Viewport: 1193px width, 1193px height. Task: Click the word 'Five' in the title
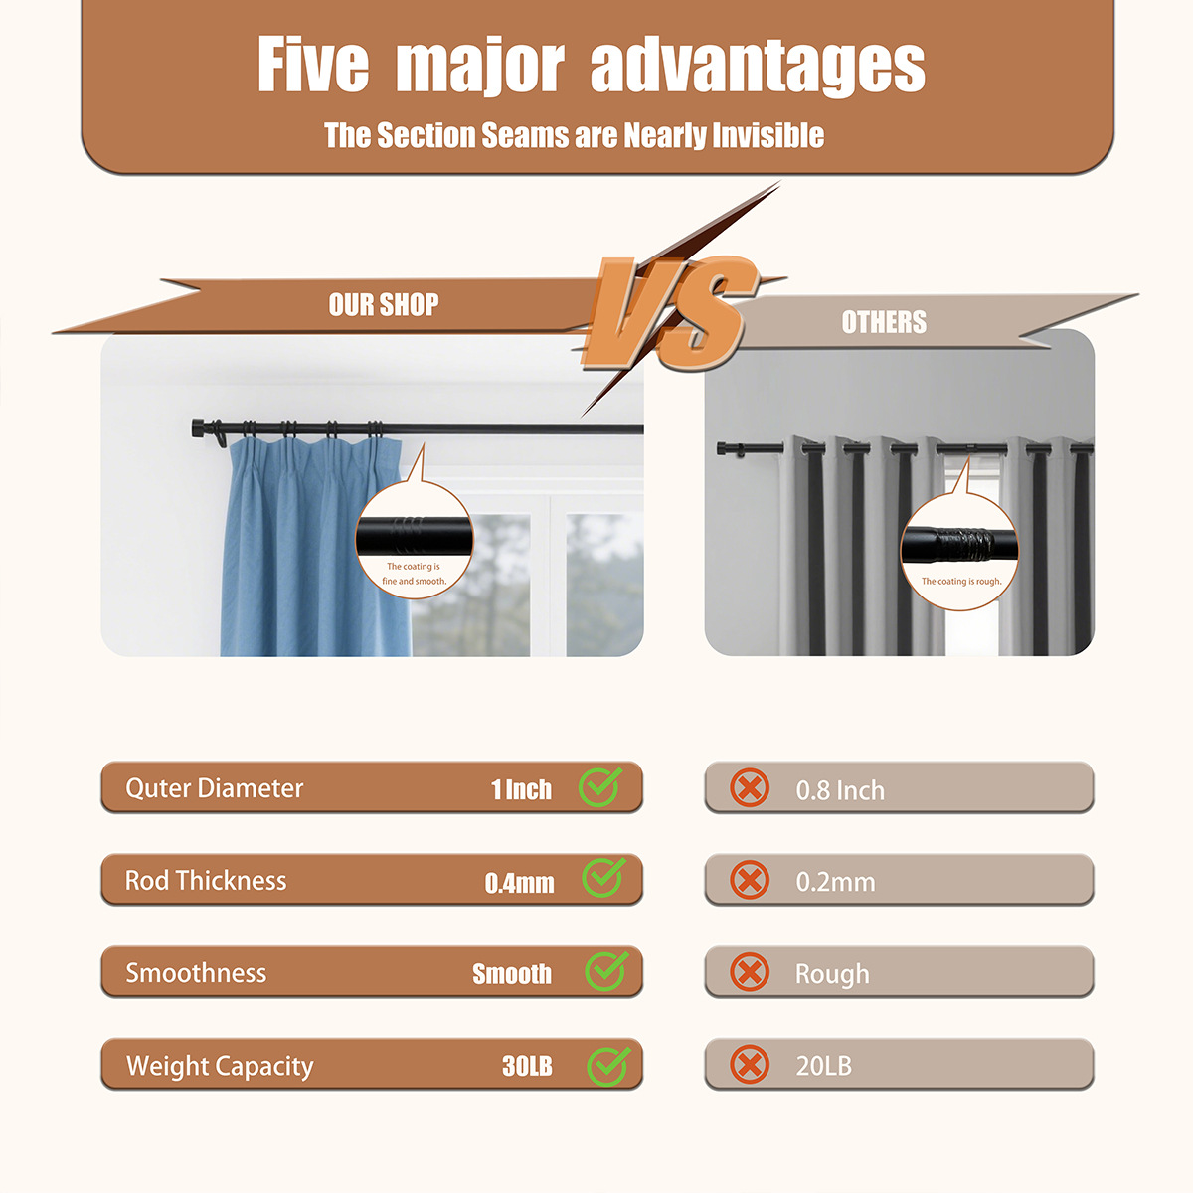[x=313, y=64]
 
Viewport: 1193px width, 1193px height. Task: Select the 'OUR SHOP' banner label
[x=384, y=304]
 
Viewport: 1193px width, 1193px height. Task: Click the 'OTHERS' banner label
[x=884, y=322]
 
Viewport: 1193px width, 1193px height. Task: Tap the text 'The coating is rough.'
[x=960, y=582]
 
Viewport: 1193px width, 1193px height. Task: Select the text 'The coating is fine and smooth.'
[x=414, y=574]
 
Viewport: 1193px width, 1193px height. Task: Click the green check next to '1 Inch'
[x=599, y=786]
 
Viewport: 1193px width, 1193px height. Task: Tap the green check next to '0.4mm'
[x=603, y=878]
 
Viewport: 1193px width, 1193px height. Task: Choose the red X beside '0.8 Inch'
[x=750, y=787]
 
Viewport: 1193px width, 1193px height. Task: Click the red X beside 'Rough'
[x=750, y=972]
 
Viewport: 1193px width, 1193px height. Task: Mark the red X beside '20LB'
[x=750, y=1064]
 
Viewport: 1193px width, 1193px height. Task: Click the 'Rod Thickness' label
[x=206, y=881]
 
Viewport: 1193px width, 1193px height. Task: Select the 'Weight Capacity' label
[x=220, y=1066]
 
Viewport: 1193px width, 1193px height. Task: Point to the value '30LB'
[x=527, y=1066]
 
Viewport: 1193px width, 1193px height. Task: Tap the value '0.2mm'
[x=836, y=882]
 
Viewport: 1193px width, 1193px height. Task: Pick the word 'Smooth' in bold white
[x=512, y=974]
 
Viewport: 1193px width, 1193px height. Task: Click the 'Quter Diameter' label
[x=214, y=788]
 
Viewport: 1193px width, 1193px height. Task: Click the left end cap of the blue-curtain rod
[x=198, y=427]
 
